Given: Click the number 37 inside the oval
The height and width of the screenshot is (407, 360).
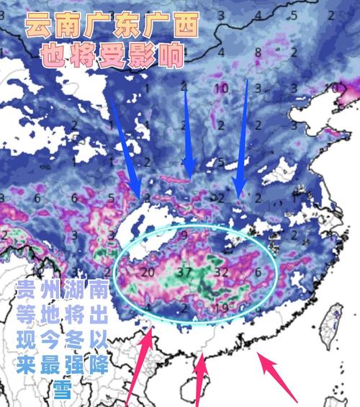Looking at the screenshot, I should (184, 273).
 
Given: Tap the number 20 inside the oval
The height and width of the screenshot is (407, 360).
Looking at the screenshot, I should (148, 273).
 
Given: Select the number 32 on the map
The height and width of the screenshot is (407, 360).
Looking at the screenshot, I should (222, 273).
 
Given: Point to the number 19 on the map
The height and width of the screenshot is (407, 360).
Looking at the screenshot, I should (222, 308).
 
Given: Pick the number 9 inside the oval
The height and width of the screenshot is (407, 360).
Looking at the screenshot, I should (184, 236).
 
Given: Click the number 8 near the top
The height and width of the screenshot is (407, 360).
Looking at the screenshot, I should (258, 51).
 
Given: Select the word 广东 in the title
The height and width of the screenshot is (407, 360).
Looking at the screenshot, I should (114, 27).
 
